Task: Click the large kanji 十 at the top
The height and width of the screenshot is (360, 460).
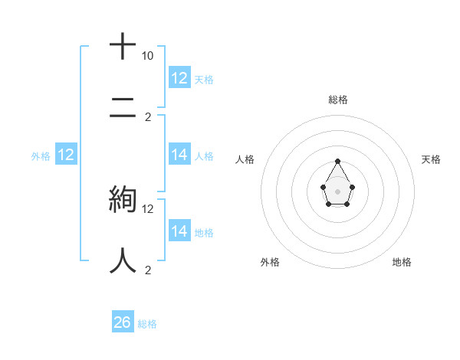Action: click(123, 47)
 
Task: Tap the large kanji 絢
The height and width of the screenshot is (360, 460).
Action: click(123, 199)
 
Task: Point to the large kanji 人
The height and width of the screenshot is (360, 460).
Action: click(123, 260)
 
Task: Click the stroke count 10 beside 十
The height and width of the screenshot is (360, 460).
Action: click(147, 56)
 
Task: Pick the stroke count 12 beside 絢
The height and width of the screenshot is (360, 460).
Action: click(148, 208)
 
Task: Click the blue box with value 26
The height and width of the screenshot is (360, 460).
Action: click(122, 322)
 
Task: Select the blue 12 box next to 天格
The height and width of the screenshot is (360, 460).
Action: click(179, 78)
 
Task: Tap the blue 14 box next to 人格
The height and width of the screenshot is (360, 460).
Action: click(179, 155)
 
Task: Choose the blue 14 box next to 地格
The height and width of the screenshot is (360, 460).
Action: click(179, 231)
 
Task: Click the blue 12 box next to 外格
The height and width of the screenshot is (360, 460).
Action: click(66, 155)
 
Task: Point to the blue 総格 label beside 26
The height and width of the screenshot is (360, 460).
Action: click(147, 324)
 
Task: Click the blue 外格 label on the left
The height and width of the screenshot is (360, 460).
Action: click(41, 156)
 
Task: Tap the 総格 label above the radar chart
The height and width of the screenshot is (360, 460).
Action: click(337, 100)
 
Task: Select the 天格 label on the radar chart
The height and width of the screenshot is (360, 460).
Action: click(431, 159)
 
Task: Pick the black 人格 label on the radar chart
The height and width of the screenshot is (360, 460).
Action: click(245, 159)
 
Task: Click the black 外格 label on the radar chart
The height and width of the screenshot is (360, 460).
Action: click(270, 262)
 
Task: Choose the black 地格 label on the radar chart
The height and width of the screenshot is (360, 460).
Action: click(402, 262)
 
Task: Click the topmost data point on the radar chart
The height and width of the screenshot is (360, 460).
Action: click(337, 161)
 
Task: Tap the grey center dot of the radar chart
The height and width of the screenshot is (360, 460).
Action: click(337, 191)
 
